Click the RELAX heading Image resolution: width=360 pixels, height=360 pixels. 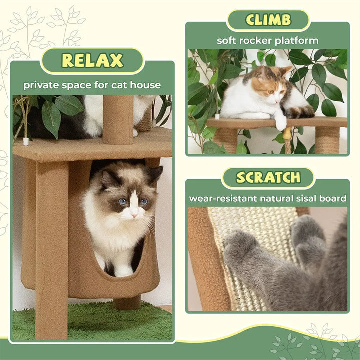92,61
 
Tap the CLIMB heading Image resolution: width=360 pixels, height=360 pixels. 268,20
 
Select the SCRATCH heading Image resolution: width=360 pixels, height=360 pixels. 268,177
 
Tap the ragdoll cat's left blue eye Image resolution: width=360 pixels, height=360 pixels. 122,201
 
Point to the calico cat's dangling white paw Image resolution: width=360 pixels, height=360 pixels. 281,122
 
